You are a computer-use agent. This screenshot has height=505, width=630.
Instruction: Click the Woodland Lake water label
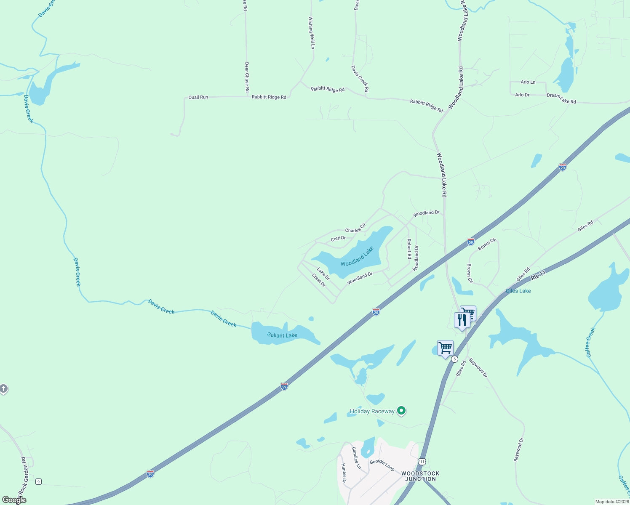(x=357, y=257)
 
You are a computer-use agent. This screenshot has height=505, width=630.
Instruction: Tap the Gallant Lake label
(x=282, y=335)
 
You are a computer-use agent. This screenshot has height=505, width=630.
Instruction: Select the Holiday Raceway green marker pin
(x=401, y=410)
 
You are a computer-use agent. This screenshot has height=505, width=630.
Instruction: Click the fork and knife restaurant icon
(x=462, y=320)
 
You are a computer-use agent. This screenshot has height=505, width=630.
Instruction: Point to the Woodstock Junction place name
(x=420, y=476)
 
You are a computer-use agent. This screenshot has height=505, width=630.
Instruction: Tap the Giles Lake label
(x=518, y=291)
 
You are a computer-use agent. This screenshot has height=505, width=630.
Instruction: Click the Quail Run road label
(x=198, y=97)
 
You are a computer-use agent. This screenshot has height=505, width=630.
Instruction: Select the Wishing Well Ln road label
(x=312, y=33)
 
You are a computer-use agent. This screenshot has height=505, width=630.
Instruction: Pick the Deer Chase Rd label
(x=247, y=77)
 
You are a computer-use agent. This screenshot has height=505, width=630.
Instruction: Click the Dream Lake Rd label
(x=561, y=98)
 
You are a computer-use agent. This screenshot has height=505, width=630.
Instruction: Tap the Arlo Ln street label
(x=528, y=82)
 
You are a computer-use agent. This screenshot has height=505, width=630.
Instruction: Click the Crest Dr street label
(x=319, y=280)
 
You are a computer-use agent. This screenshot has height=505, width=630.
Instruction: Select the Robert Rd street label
(x=409, y=248)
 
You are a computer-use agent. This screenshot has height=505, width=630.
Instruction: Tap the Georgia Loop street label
(x=382, y=465)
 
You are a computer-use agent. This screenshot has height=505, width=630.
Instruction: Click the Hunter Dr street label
(x=344, y=473)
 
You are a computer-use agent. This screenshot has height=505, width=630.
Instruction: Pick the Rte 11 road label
(x=538, y=276)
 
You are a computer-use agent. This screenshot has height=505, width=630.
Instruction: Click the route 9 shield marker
(x=38, y=481)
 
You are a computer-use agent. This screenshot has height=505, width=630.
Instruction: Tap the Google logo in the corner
(x=13, y=500)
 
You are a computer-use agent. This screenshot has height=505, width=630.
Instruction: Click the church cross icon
(x=3, y=389)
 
